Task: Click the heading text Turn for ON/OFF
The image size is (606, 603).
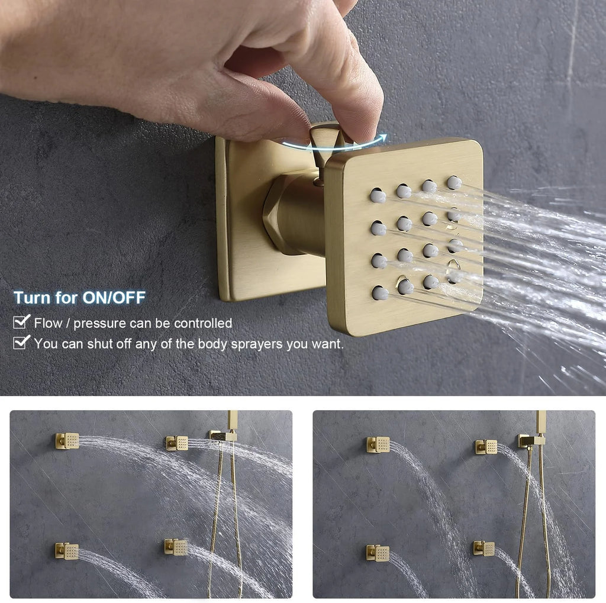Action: click(x=79, y=298)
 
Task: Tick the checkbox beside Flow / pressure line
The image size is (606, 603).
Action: click(x=22, y=323)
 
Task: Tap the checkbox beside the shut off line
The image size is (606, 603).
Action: click(x=22, y=342)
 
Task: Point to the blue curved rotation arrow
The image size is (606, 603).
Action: click(x=334, y=143)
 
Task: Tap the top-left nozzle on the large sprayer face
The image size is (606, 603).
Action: click(x=378, y=195)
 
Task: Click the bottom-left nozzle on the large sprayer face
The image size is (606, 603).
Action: click(x=380, y=292)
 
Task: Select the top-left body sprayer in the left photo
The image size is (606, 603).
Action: click(x=67, y=440)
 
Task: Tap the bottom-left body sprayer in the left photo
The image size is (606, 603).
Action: click(x=67, y=551)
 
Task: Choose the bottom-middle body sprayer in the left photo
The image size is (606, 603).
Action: click(x=176, y=547)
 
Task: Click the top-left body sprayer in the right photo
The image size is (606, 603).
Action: click(x=378, y=444)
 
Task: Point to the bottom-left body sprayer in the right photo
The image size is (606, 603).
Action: click(x=378, y=553)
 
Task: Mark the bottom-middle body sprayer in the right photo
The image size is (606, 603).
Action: click(x=484, y=548)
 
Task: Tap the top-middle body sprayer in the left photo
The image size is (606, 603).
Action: click(x=177, y=443)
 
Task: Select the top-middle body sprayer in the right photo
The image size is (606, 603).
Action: click(x=486, y=446)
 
